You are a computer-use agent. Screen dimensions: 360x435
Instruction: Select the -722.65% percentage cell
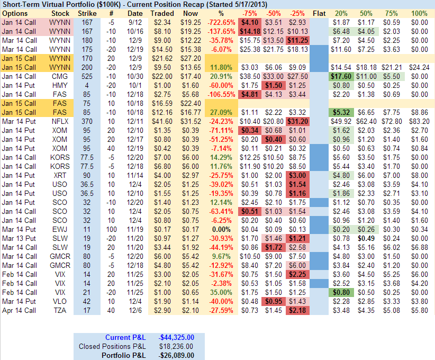click(222, 22)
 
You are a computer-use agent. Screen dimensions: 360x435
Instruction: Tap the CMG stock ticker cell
click(59, 76)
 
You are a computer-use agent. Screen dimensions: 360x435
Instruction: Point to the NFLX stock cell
click(59, 121)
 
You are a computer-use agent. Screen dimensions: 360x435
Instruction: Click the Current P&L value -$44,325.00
click(177, 337)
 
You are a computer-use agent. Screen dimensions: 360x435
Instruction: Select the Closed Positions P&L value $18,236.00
click(177, 346)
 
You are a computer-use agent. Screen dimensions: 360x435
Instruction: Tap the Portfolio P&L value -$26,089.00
click(177, 355)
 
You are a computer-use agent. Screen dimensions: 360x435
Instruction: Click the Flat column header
click(319, 13)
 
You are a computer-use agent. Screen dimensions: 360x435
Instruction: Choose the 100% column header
click(419, 13)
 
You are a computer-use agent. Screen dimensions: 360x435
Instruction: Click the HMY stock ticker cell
click(59, 85)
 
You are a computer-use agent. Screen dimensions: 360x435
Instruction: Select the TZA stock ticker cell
click(59, 310)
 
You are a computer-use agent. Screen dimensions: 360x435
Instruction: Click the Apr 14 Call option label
click(19, 310)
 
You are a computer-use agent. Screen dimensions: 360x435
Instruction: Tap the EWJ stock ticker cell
click(59, 229)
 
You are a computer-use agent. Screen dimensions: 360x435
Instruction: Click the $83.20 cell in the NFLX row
click(419, 121)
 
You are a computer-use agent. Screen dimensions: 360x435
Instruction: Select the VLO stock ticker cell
click(59, 301)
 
